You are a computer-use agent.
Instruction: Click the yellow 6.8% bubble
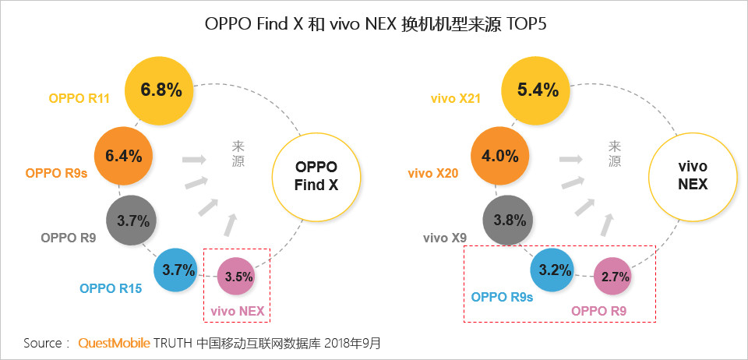pyautogui.click(x=159, y=91)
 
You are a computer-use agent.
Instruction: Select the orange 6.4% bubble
pyautogui.click(x=123, y=156)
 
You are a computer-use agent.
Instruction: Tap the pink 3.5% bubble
pyautogui.click(x=235, y=277)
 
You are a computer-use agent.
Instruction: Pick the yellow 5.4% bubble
pyautogui.click(x=536, y=91)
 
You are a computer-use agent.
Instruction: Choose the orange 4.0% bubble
pyautogui.click(x=499, y=156)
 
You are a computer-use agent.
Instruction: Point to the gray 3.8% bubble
pyautogui.click(x=509, y=221)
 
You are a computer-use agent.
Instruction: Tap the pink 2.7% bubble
pyautogui.click(x=612, y=277)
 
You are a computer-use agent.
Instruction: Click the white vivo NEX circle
pyautogui.click(x=693, y=176)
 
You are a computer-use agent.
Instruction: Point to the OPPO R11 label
pyautogui.click(x=79, y=99)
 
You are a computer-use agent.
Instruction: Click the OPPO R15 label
pyautogui.click(x=111, y=288)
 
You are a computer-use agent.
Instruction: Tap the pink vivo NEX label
pyautogui.click(x=237, y=312)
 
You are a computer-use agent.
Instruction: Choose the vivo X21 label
pyautogui.click(x=455, y=99)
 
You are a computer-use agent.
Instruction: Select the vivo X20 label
pyautogui.click(x=432, y=174)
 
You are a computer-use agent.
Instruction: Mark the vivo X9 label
pyautogui.click(x=445, y=238)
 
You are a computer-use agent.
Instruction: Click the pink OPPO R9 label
pyautogui.click(x=598, y=312)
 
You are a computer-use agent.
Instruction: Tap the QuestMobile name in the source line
pyautogui.click(x=114, y=343)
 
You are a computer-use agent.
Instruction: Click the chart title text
pyautogui.click(x=375, y=23)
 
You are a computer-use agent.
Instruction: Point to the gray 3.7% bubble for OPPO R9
pyautogui.click(x=131, y=221)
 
